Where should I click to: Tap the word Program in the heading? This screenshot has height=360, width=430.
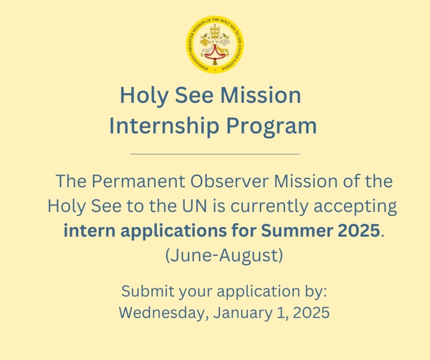pos(272,126)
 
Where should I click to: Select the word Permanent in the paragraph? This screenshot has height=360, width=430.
pos(138,182)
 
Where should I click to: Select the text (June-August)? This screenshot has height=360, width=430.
pos(224,256)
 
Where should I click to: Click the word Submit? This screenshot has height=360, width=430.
pos(148,291)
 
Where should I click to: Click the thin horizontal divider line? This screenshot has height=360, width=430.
pos(215,154)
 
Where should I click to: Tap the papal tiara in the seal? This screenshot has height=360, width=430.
pos(215,31)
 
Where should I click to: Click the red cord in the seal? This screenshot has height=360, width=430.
pos(215,54)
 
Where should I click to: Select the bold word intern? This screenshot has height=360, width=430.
pos(89,231)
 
